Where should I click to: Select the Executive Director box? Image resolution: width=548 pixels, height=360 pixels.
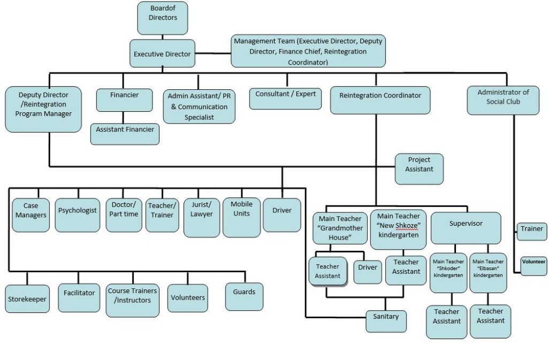pyautogui.click(x=162, y=54)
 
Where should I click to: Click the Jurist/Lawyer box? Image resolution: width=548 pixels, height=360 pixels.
pyautogui.click(x=201, y=213)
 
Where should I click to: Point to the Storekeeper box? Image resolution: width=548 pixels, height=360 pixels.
pyautogui.click(x=27, y=299)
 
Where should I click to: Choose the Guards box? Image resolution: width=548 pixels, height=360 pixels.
pyautogui.click(x=244, y=296)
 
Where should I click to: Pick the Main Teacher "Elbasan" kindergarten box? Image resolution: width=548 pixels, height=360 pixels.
pyautogui.click(x=488, y=272)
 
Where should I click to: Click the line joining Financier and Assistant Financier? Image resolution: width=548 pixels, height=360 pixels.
pyautogui.click(x=125, y=118)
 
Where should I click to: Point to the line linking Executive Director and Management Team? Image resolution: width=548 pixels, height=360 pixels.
pyautogui.click(x=212, y=53)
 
